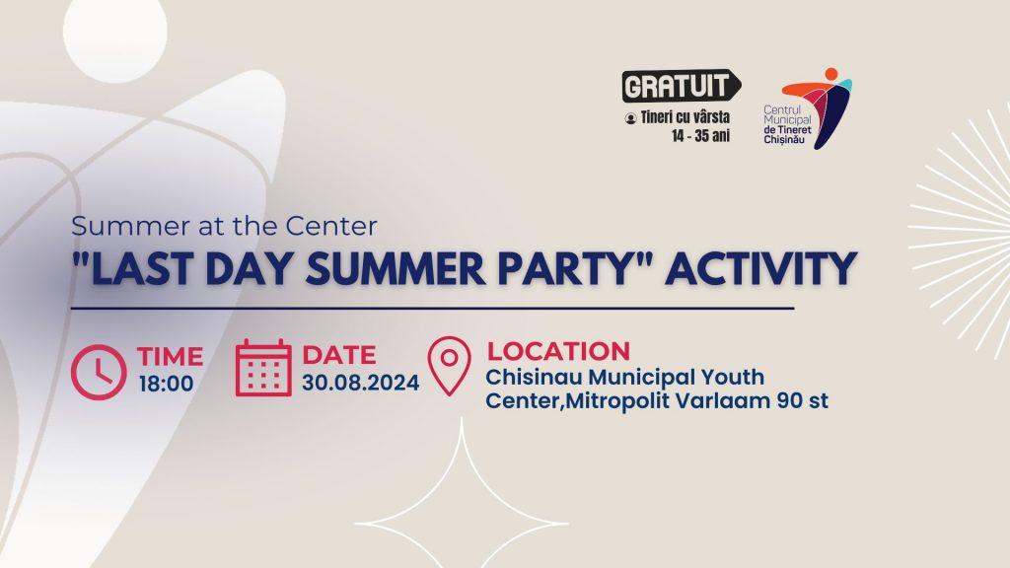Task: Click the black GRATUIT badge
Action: point(681,86)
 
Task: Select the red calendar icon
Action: point(263,368)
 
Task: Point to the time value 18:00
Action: point(166,384)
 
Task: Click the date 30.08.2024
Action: point(361,383)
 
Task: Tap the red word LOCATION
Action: point(558,352)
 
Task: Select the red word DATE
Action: point(339,355)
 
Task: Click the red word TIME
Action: point(170,356)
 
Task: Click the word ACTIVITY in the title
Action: point(760,268)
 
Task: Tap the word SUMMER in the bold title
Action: point(396,268)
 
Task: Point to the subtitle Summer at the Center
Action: point(224,226)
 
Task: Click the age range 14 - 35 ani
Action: point(701,136)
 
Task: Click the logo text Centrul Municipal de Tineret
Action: point(787,125)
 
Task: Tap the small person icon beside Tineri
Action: point(630,118)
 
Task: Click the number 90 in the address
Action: point(790,400)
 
